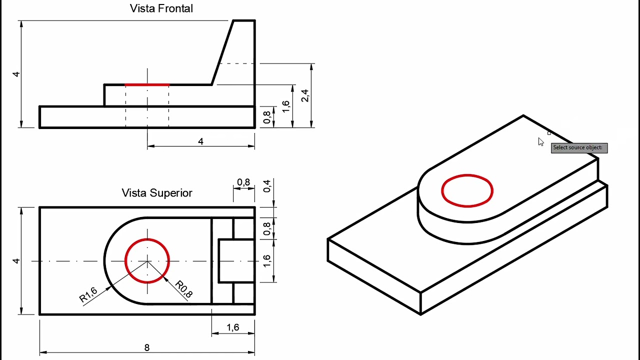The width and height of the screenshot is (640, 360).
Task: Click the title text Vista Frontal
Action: pos(161,8)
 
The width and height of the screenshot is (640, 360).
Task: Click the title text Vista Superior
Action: pos(157,193)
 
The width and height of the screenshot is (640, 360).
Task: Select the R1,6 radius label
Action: pos(88,295)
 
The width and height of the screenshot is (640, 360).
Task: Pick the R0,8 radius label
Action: pos(184,289)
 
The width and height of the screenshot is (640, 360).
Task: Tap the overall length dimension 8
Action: pos(146,347)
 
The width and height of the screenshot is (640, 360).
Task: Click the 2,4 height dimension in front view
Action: pos(304,95)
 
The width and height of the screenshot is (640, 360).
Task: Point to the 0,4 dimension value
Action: pos(267,186)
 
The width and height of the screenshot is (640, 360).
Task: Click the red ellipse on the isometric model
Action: pos(467,190)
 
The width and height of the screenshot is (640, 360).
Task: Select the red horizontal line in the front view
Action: pos(147,85)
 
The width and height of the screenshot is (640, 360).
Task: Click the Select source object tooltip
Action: pos(579,147)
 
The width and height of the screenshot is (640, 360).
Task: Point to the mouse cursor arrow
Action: pos(540,142)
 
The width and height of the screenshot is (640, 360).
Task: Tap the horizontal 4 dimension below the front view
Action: pos(200,141)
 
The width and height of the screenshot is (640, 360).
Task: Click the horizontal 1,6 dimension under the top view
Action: pos(232,327)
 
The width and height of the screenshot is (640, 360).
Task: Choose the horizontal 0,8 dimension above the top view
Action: pos(243,182)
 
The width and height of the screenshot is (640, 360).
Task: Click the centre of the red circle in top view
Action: pos(147,261)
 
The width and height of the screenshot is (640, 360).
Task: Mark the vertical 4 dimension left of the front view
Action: pos(16,74)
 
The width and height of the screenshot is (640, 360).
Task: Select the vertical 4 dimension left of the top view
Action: pos(16,260)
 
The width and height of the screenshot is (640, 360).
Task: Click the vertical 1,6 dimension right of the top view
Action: pos(267,260)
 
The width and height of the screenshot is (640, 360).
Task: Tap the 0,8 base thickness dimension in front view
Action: pos(267,117)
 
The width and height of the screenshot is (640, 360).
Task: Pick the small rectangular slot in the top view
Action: pos(236,260)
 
